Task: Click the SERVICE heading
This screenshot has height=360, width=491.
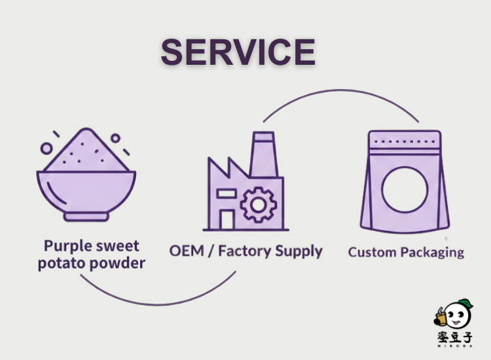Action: tap(238, 52)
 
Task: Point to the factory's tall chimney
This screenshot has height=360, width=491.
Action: tap(263, 154)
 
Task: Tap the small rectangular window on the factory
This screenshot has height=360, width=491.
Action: tap(226, 194)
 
